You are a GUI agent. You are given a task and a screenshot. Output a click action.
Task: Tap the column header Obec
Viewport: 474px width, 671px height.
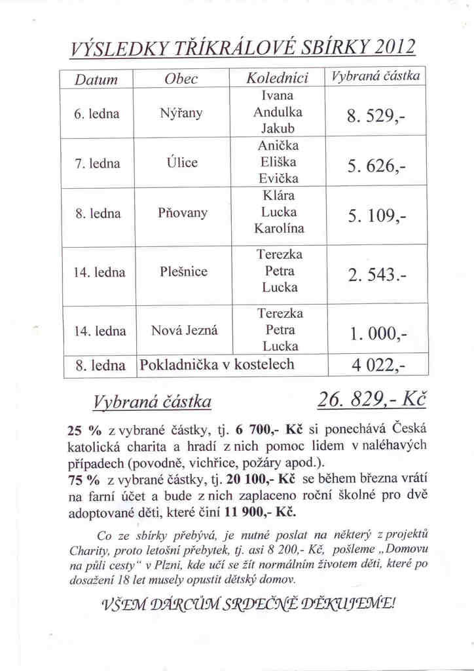[181, 79]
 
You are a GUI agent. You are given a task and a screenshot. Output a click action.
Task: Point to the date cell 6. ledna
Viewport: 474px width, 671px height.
[97, 113]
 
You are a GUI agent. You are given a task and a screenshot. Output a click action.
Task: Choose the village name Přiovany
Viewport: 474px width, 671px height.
[183, 213]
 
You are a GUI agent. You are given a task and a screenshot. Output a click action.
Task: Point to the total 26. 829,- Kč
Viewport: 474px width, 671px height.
[371, 399]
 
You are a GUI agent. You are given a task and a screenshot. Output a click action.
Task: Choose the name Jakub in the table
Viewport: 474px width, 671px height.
[279, 128]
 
